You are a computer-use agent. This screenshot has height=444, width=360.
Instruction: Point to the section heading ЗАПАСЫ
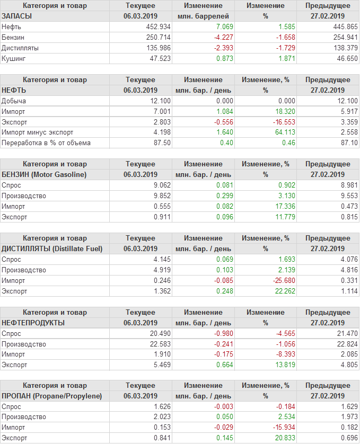[17, 16]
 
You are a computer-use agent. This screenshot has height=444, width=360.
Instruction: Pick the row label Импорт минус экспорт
[38, 132]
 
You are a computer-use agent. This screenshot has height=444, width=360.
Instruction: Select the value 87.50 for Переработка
[161, 143]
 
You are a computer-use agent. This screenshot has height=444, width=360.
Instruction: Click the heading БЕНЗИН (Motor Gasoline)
[44, 174]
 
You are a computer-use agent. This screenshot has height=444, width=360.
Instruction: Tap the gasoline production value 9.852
[161, 196]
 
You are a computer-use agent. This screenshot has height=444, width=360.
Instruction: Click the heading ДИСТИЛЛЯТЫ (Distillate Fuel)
[52, 248]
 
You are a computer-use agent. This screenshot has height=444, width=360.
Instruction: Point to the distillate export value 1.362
[161, 291]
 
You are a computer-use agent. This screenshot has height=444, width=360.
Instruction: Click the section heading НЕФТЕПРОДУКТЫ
[33, 323]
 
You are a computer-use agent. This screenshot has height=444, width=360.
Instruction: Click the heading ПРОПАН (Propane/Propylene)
[51, 396]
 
